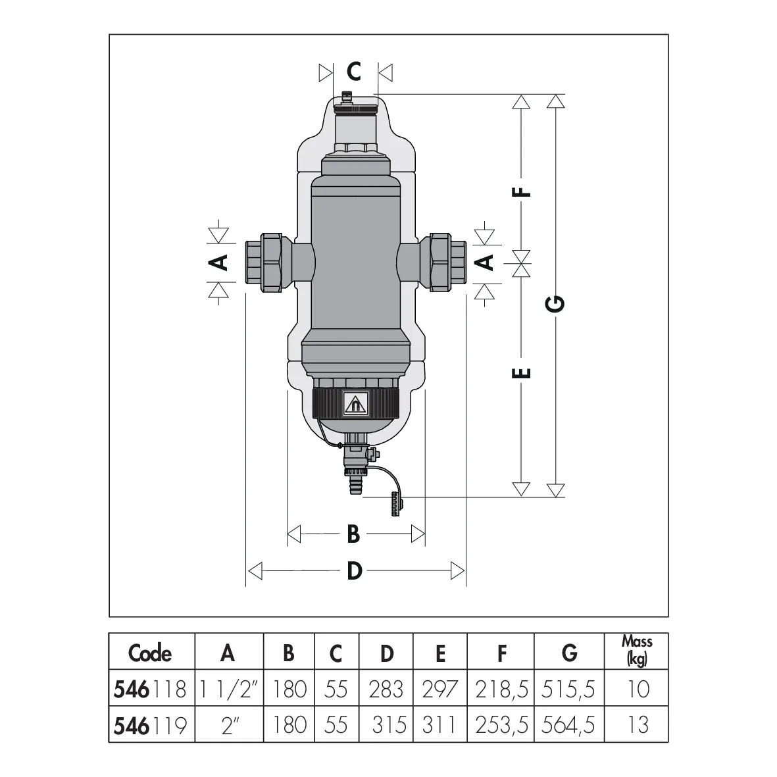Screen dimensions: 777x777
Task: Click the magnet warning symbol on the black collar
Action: (355, 404)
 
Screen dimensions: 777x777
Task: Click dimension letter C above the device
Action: (354, 71)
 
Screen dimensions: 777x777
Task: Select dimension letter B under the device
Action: (353, 534)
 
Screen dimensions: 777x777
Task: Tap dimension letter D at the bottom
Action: (355, 571)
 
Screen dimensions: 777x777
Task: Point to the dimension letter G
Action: (555, 303)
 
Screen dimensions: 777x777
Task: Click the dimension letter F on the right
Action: (521, 191)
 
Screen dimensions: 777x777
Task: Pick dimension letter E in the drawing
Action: (521, 372)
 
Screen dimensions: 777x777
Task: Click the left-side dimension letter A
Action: (220, 262)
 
